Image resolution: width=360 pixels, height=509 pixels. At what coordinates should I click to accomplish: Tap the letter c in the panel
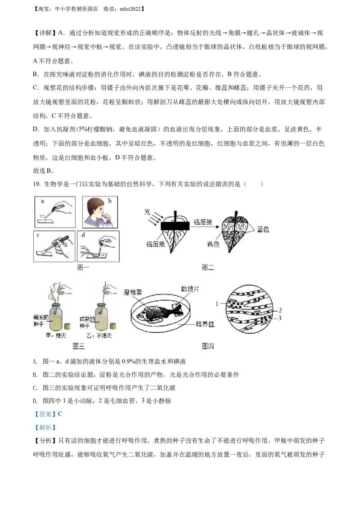click(38, 235)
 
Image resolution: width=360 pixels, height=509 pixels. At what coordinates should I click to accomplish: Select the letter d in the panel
click(82, 235)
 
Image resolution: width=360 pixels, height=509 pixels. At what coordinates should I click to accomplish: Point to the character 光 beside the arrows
click(147, 211)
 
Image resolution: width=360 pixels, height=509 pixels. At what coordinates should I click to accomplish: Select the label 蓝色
click(263, 229)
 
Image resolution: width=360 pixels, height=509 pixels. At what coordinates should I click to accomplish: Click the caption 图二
click(207, 268)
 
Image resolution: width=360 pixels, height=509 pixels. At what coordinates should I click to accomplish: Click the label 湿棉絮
click(133, 292)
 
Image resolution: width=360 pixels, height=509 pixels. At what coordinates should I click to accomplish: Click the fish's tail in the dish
click(174, 310)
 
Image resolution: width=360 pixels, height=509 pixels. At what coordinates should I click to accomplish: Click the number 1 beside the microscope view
click(217, 304)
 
